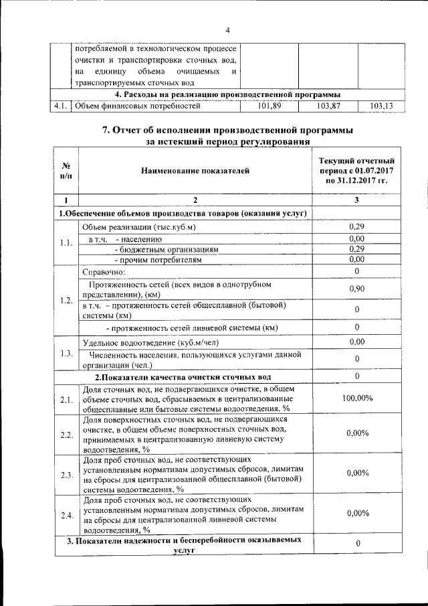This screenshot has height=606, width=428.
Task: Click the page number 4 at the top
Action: [x=227, y=30]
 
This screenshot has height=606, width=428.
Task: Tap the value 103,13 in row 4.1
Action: [x=381, y=106]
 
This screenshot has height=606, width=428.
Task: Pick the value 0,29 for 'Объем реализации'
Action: [x=356, y=227]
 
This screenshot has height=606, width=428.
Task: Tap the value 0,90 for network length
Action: [x=356, y=288]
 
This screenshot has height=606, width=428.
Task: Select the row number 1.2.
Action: [x=66, y=299]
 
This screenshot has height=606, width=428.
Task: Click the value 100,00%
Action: [x=356, y=399]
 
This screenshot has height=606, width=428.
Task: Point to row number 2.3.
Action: [x=66, y=475]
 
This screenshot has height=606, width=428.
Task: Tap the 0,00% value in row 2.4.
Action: [x=356, y=514]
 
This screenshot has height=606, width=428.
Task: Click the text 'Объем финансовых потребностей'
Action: [x=138, y=106]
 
